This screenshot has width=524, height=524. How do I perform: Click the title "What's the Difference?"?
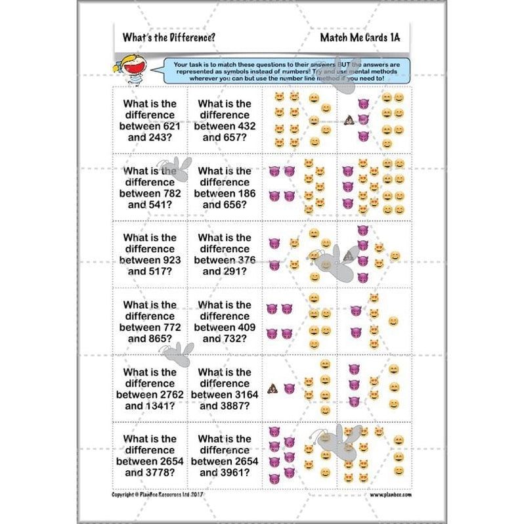[168, 37]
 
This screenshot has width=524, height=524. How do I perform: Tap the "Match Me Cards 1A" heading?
[360, 37]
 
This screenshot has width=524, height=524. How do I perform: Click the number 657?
[234, 138]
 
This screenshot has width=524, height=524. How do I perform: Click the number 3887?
[234, 406]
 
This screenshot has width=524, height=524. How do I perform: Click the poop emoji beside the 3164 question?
[272, 389]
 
